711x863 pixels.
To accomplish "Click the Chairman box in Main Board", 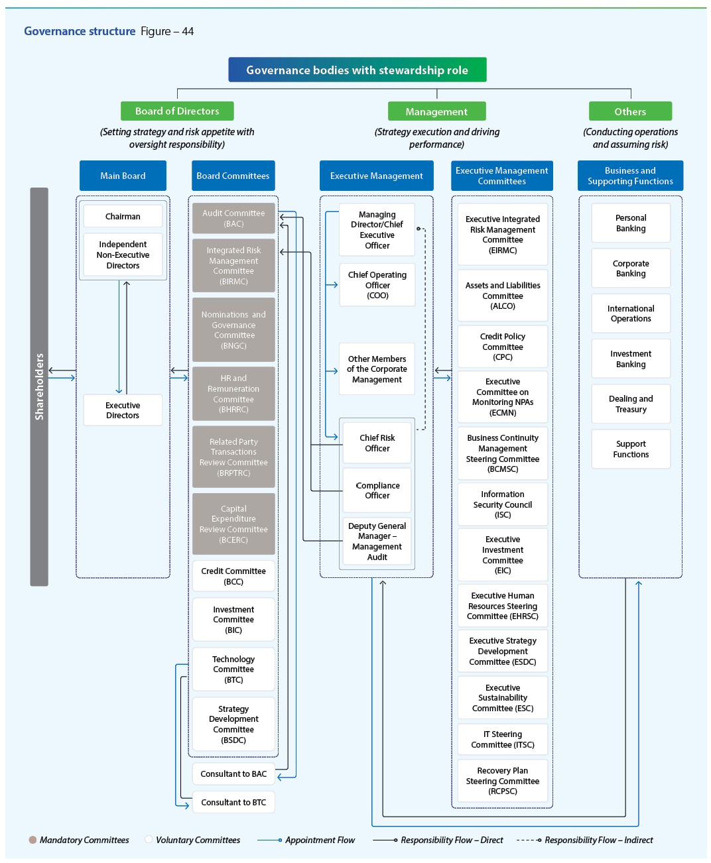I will [x=123, y=216].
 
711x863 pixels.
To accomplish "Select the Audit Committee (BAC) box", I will [x=233, y=218].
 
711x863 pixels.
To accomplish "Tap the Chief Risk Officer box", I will [x=377, y=443].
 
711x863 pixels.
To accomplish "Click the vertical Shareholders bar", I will [x=39, y=386].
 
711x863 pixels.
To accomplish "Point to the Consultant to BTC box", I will [x=233, y=802].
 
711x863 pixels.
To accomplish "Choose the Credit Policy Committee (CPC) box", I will [x=502, y=347].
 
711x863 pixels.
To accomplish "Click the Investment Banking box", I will [x=630, y=359].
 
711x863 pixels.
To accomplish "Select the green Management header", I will [x=436, y=111].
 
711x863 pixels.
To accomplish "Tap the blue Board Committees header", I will [x=233, y=176].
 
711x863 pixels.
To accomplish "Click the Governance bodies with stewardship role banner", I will [x=357, y=70].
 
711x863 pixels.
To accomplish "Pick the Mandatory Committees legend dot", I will [x=32, y=840].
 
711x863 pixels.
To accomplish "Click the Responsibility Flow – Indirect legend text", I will [x=598, y=840].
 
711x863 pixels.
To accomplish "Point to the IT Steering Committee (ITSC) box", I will [x=502, y=739].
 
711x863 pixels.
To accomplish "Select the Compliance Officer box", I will [x=377, y=490].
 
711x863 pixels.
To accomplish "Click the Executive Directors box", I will [x=123, y=410].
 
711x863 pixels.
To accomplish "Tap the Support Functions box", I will [x=630, y=449].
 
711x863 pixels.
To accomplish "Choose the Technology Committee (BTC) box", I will [x=233, y=669].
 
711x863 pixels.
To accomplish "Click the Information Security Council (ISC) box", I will [x=502, y=504].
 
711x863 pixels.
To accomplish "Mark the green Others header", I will [x=630, y=111].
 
